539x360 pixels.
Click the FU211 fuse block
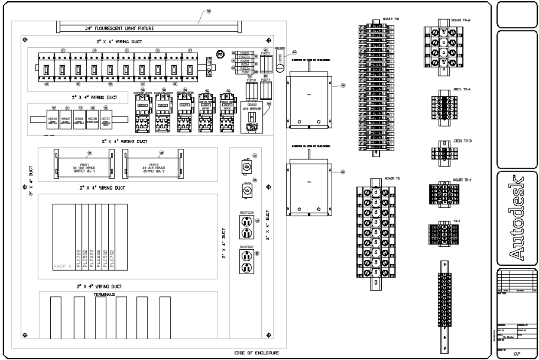point(265,90)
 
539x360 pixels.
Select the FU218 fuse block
point(251,90)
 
